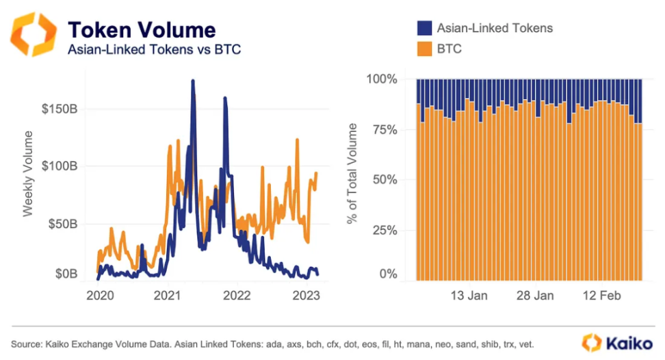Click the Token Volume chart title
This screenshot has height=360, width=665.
142,29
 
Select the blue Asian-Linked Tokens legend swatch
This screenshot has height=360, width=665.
424,28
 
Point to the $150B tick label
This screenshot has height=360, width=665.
62,109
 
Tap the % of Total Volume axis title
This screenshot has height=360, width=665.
352,174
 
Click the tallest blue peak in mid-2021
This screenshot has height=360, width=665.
192,81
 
